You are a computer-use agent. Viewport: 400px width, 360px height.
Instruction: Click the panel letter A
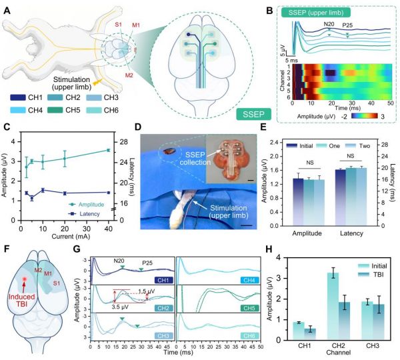pos(7,8)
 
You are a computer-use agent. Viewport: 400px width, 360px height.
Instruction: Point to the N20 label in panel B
pos(329,24)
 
